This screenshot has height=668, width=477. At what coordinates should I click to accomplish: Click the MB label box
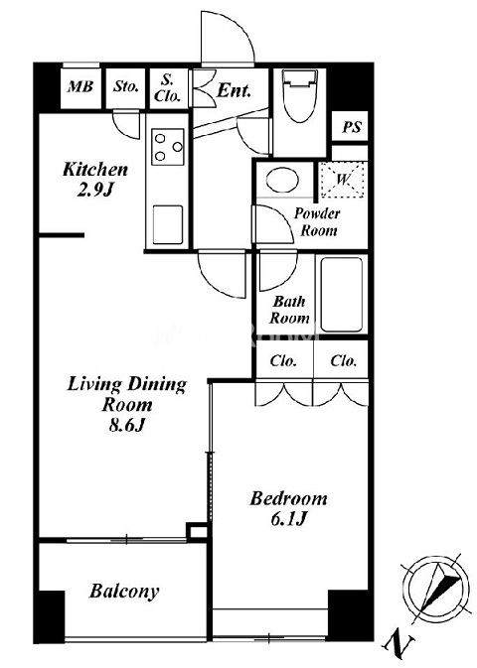(80, 87)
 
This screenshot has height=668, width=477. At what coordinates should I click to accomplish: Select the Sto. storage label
(126, 87)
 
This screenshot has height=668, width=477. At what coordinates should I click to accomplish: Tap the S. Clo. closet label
(168, 88)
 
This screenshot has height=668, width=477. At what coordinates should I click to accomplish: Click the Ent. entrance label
(234, 90)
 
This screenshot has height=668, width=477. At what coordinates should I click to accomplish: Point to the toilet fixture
(300, 95)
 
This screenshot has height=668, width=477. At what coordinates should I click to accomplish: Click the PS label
(352, 127)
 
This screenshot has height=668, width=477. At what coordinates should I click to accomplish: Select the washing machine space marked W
(343, 180)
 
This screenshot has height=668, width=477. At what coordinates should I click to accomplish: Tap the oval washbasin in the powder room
(283, 181)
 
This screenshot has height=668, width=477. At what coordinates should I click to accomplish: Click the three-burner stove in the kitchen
(168, 147)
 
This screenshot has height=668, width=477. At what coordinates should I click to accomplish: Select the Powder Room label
(317, 222)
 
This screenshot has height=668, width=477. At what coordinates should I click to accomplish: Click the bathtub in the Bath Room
(342, 295)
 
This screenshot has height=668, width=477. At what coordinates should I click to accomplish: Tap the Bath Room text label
(289, 310)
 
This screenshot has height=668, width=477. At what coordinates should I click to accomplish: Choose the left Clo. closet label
(283, 361)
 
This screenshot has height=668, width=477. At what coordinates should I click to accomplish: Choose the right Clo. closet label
(344, 361)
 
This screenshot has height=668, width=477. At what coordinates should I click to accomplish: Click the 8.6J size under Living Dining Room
(127, 425)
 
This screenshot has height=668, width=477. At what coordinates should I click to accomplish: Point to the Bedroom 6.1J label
(289, 508)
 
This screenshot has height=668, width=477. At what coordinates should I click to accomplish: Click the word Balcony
(124, 591)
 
